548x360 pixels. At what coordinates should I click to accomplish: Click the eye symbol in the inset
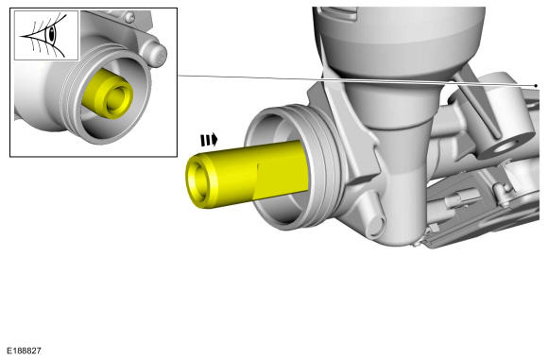46,35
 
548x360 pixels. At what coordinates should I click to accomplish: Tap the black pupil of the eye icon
51,34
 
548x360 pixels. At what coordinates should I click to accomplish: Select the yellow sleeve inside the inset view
108,94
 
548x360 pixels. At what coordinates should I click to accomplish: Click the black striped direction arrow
209,140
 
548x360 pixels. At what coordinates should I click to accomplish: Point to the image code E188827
24,351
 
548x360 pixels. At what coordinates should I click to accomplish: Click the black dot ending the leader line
536,86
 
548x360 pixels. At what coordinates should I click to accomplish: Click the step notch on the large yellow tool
257,181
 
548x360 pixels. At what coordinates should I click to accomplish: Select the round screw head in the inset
130,16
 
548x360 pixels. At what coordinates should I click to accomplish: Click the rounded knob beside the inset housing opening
158,54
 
